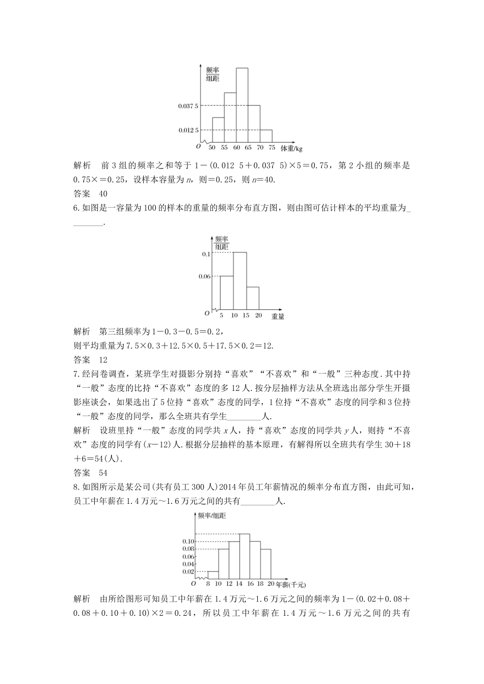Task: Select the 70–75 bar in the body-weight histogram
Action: pos(266,136)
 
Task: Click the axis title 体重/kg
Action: pos(292,148)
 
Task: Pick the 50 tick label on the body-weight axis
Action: pos(212,148)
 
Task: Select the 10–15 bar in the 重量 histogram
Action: pos(240,281)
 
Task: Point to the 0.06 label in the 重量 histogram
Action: pos(204,276)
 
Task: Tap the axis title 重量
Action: pos(278,316)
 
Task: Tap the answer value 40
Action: pos(102,193)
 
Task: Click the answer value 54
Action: pos(102,471)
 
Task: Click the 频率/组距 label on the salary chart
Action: pos(212,515)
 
